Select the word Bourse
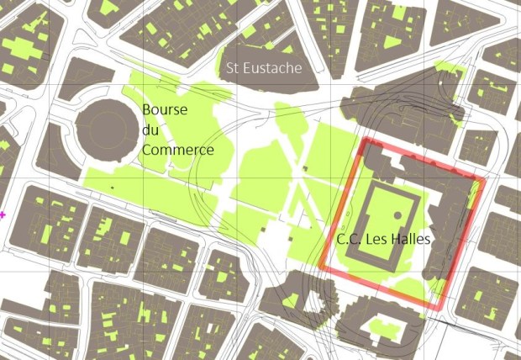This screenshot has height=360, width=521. [165, 110]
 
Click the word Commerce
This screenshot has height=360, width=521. [176, 150]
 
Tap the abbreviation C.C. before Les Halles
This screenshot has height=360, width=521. [350, 240]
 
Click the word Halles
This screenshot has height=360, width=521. [411, 240]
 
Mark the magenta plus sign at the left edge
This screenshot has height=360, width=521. [3, 215]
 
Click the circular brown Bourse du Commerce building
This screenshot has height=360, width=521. [106, 129]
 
